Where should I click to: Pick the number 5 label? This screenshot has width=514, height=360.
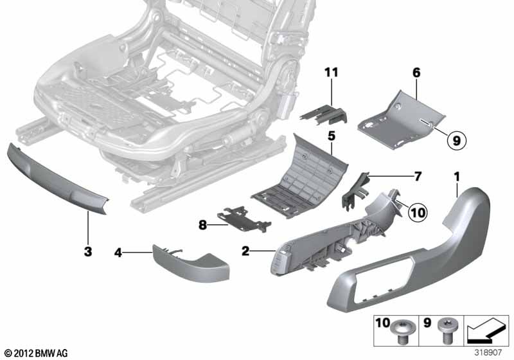(x=332, y=137)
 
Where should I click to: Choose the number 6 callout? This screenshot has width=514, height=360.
(x=416, y=74)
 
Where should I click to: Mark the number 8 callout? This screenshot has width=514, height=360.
(x=203, y=225)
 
